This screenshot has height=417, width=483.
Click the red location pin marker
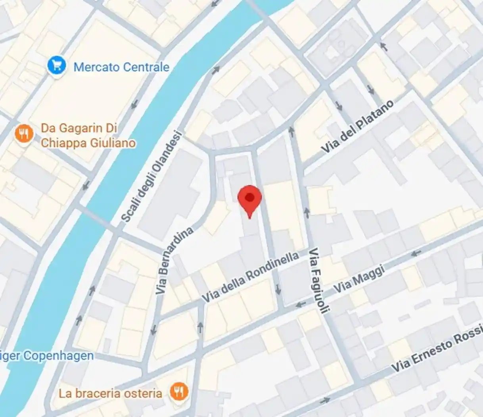pos(249,199)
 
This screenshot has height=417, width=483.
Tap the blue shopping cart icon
pos(56,65)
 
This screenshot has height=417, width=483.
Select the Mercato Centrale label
pos(121,67)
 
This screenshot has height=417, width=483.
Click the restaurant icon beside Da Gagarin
pos(24,134)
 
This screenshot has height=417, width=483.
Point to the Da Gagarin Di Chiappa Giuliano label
pos(88,135)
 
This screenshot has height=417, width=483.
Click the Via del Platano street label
pos(358,127)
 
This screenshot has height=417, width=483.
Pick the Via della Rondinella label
pos(251,276)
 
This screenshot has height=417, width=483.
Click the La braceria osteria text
pos(110,394)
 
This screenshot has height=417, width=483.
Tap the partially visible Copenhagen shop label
pos(47,355)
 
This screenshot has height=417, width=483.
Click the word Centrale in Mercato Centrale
pos(146,67)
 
